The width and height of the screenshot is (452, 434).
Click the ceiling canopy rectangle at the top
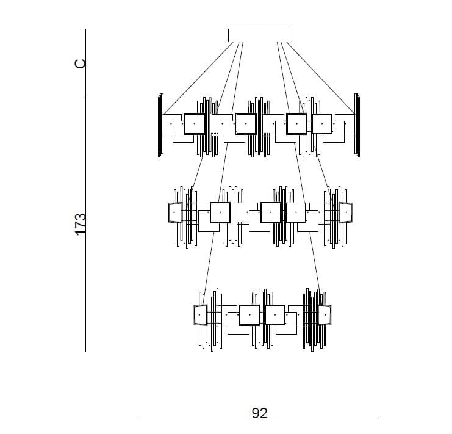tap(260, 35)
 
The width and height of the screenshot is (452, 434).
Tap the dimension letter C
tap(81, 63)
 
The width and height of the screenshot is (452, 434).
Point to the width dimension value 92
tap(259, 413)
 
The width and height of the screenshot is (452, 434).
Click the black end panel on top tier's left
tap(160, 126)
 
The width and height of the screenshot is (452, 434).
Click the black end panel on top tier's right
tap(357, 126)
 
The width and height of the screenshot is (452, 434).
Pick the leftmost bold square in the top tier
tap(194, 123)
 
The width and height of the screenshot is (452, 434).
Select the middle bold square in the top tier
tap(246, 123)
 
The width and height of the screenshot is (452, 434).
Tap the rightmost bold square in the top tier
tap(296, 123)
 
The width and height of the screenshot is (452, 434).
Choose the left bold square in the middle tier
tap(220, 212)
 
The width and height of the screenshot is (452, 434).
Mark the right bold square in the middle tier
tap(270, 212)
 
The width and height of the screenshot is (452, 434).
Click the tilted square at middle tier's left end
tap(175, 212)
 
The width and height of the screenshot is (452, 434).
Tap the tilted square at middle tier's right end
tap(346, 212)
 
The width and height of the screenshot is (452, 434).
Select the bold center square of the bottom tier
tap(249, 315)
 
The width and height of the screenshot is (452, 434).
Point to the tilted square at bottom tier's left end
tap(201, 315)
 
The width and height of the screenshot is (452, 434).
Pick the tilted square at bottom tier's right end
tap(324, 315)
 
